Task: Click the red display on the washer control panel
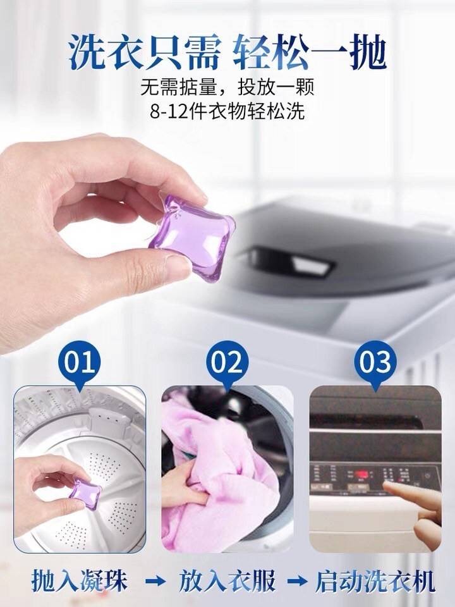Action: [x=361, y=475]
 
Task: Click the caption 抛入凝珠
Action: [x=80, y=580]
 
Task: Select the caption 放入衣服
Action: [x=227, y=580]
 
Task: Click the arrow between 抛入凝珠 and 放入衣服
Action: [x=155, y=581]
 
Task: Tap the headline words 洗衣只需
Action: [x=145, y=52]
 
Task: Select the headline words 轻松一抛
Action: [x=310, y=52]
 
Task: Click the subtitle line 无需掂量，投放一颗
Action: [x=227, y=87]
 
